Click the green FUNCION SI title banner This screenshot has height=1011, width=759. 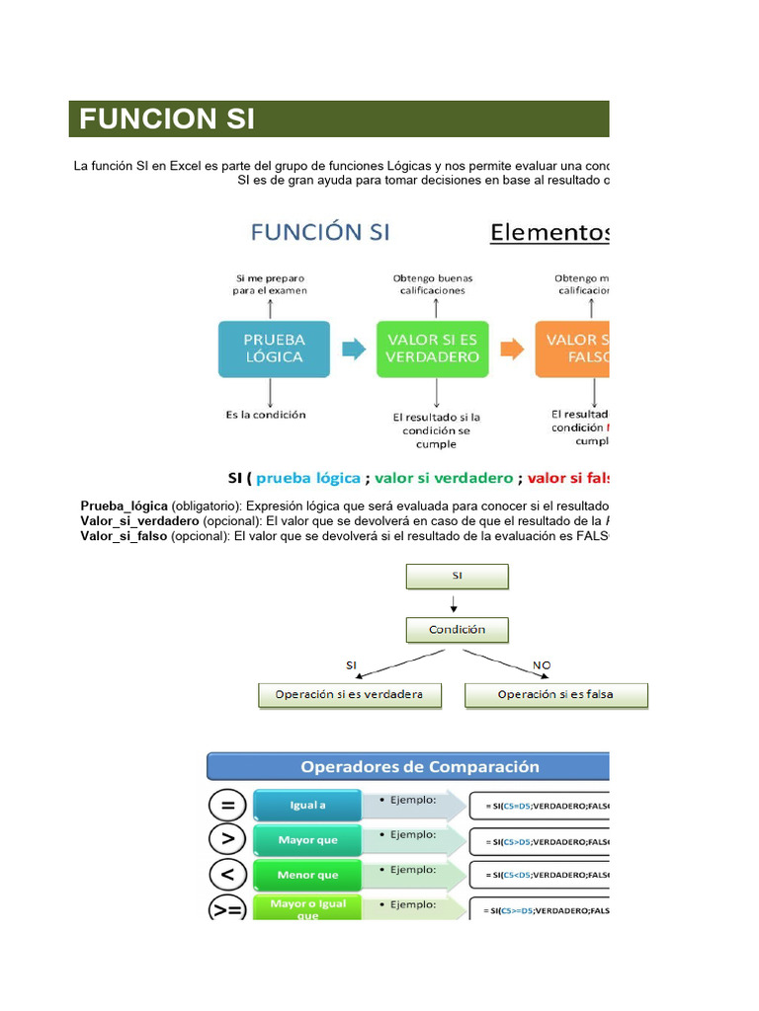pyautogui.click(x=339, y=119)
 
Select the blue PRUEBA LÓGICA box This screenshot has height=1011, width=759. pyautogui.click(x=274, y=348)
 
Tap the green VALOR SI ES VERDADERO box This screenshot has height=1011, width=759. pyautogui.click(x=433, y=348)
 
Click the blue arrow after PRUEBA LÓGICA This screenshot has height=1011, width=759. pyautogui.click(x=353, y=348)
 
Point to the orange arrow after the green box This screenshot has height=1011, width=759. pyautogui.click(x=512, y=348)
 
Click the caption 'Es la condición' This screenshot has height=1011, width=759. pyautogui.click(x=266, y=415)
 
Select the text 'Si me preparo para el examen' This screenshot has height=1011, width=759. pyautogui.click(x=271, y=284)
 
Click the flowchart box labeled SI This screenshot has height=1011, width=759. pyautogui.click(x=457, y=576)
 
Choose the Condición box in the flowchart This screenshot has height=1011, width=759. pyautogui.click(x=457, y=629)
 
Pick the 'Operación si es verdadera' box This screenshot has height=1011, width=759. pyautogui.click(x=348, y=694)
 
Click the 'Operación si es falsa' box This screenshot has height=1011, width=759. pyautogui.click(x=555, y=694)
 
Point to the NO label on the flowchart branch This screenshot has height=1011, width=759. pyautogui.click(x=542, y=665)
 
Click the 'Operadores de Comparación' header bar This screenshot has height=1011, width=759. pyautogui.click(x=407, y=766)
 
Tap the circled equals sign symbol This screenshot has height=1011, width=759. pyautogui.click(x=227, y=806)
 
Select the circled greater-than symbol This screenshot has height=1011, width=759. pyautogui.click(x=227, y=840)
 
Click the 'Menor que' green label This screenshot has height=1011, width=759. pyautogui.click(x=307, y=875)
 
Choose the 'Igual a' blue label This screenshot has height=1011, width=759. pyautogui.click(x=307, y=806)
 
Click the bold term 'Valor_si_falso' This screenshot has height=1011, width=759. pyautogui.click(x=124, y=535)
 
